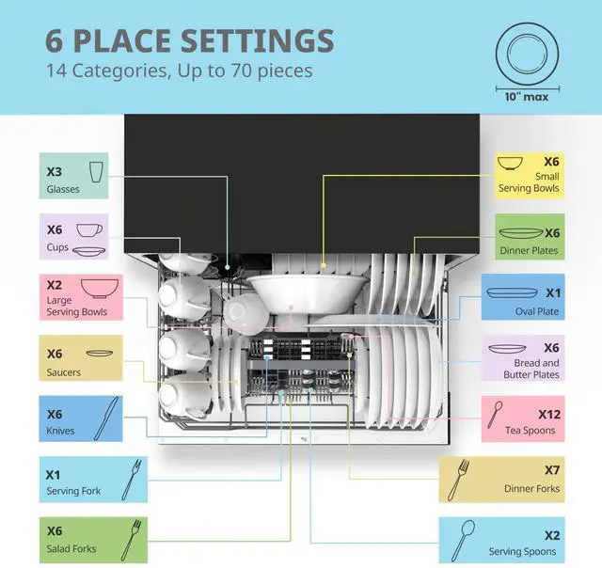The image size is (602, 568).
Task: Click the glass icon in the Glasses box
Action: tap(95, 172)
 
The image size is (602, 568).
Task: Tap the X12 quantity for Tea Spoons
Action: tap(549, 414)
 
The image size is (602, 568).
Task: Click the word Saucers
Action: tap(64, 372)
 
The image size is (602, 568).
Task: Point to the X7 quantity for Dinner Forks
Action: tap(552, 470)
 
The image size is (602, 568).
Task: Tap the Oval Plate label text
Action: tap(536, 311)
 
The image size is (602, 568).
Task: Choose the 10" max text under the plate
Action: tap(523, 96)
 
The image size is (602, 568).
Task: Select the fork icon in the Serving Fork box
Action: tap(135, 478)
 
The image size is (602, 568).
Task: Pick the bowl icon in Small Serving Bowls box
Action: tap(512, 163)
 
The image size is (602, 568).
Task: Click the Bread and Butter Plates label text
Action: tap(536, 369)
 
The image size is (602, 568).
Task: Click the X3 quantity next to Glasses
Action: tap(55, 172)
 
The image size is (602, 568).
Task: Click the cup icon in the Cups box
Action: tap(90, 230)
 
